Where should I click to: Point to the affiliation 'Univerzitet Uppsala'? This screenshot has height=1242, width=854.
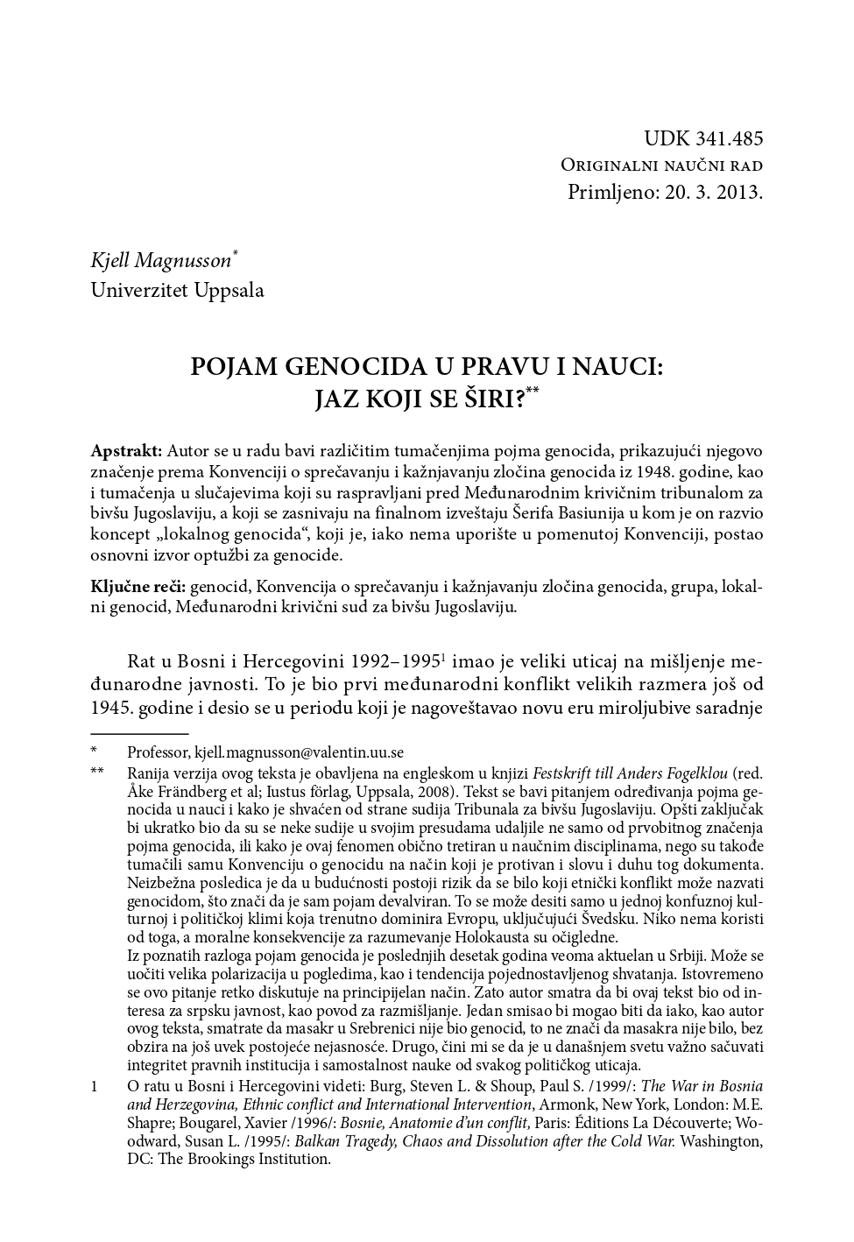(x=177, y=290)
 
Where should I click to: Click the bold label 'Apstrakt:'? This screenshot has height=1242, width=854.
(x=126, y=451)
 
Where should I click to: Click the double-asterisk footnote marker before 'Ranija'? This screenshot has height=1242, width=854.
(x=96, y=773)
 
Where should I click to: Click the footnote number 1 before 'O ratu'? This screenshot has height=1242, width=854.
(x=95, y=1086)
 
